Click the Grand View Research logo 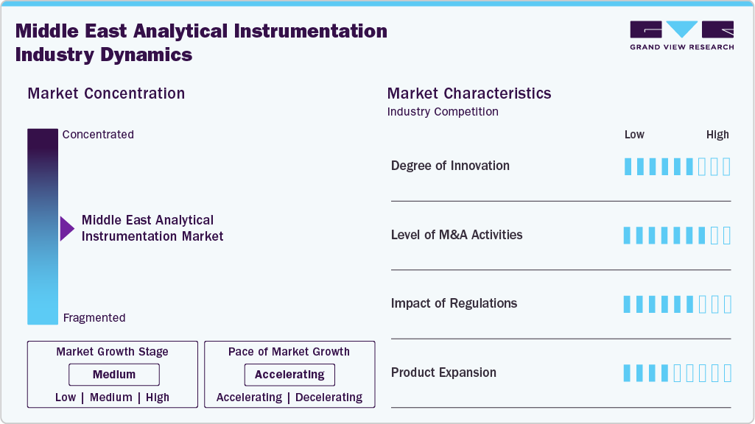pos(681,35)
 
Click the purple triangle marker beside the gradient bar pos(67,228)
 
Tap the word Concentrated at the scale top pos(98,135)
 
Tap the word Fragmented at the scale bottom pos(94,318)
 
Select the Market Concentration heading pos(106,93)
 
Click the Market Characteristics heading pos(469,93)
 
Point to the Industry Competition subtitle pos(443,112)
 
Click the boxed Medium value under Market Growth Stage pos(114,375)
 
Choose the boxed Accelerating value pos(289,375)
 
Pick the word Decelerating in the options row pos(329,397)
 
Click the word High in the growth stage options pos(158,397)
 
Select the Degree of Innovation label pos(450,166)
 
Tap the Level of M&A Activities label pos(457,235)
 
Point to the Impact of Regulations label pos(454,303)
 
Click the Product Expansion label pos(443,372)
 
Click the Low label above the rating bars pos(634,135)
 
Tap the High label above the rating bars pos(717,135)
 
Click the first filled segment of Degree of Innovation pos(628,166)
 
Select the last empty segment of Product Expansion pos(727,373)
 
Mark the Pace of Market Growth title pos(289,352)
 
